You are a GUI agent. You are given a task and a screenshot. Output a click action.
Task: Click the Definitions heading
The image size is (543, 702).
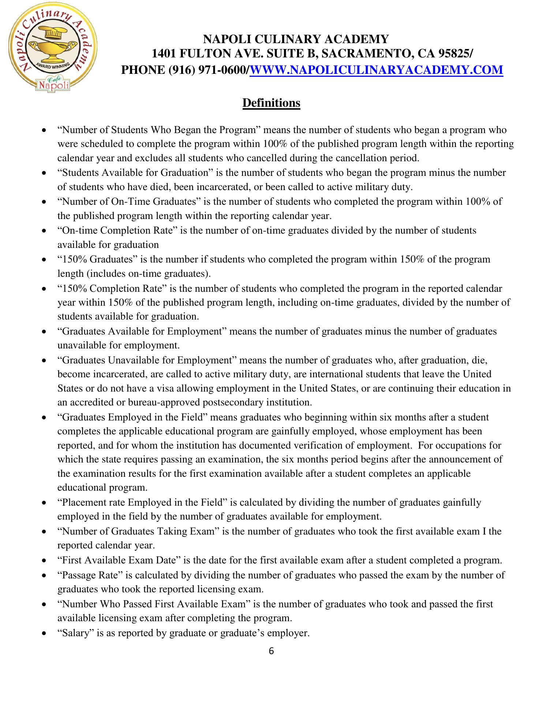tap(271, 103)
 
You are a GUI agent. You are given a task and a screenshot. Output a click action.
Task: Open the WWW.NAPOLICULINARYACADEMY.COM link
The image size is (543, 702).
tap(376, 69)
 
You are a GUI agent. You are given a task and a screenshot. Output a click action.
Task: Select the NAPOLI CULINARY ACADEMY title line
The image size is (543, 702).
tap(296, 39)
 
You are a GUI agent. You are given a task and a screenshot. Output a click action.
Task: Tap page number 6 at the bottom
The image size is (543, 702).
tap(271, 651)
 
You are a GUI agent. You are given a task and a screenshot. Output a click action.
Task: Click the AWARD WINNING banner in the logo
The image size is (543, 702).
tap(50, 65)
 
